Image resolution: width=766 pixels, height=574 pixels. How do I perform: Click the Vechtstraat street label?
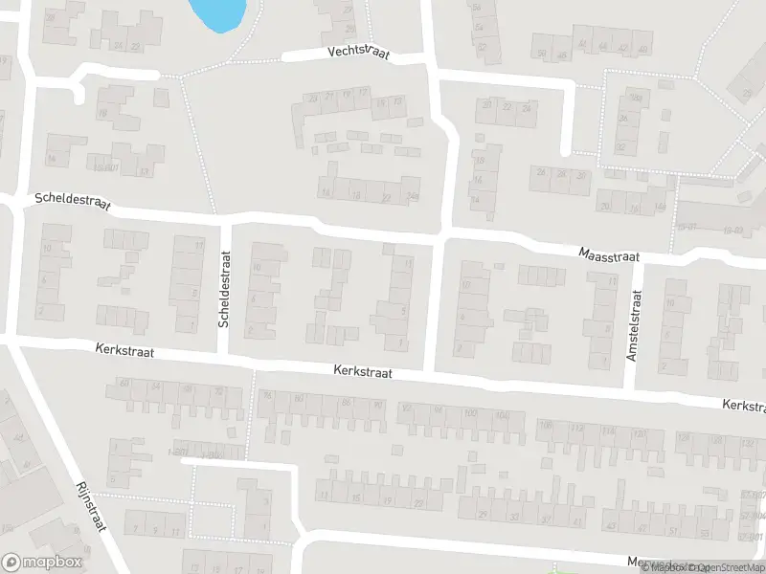(x=358, y=55)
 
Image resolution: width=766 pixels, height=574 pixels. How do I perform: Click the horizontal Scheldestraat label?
(x=72, y=202)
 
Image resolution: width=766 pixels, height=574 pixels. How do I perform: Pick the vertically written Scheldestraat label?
(x=224, y=290)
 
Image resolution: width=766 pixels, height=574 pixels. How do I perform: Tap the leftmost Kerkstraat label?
(x=124, y=352)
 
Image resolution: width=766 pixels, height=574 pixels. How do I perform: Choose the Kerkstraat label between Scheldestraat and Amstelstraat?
(x=364, y=369)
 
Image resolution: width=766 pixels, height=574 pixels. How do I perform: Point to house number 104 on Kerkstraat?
(x=505, y=413)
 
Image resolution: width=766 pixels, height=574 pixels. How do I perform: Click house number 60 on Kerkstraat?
(x=124, y=384)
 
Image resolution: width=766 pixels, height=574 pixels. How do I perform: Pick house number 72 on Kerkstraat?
(x=219, y=391)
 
